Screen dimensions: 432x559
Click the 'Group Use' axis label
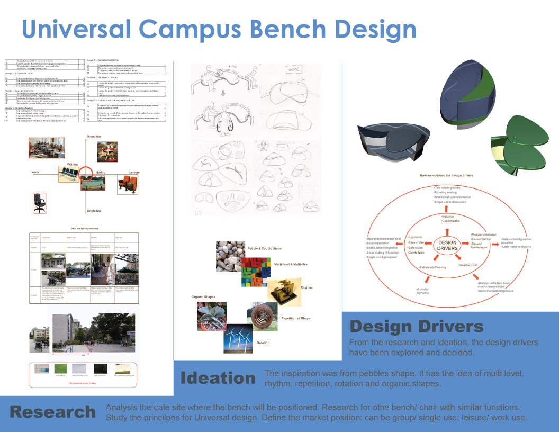point(94,137)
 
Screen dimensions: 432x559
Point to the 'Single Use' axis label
point(94,211)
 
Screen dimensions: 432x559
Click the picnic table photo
point(109,151)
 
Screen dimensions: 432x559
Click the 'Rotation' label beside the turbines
point(263,343)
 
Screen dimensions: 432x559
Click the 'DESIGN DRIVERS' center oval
point(447,246)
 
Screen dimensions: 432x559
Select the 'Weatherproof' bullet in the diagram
point(468,264)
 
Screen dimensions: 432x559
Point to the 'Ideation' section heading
point(218,378)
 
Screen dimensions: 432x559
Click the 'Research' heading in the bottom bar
point(53,411)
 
